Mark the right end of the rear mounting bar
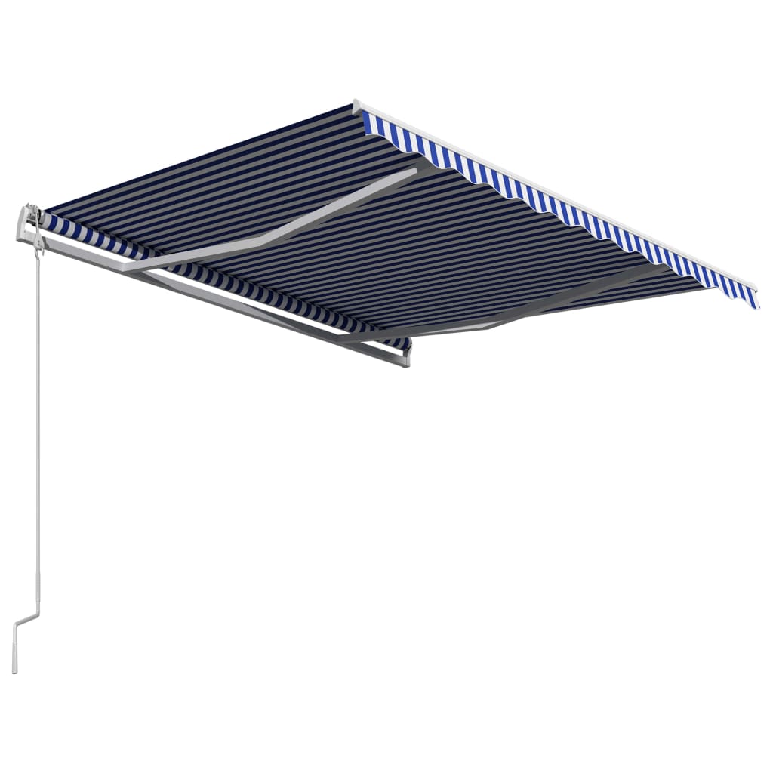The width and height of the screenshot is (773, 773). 405,359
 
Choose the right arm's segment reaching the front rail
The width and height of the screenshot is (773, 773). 581,294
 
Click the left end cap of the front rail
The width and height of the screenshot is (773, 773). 356,106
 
